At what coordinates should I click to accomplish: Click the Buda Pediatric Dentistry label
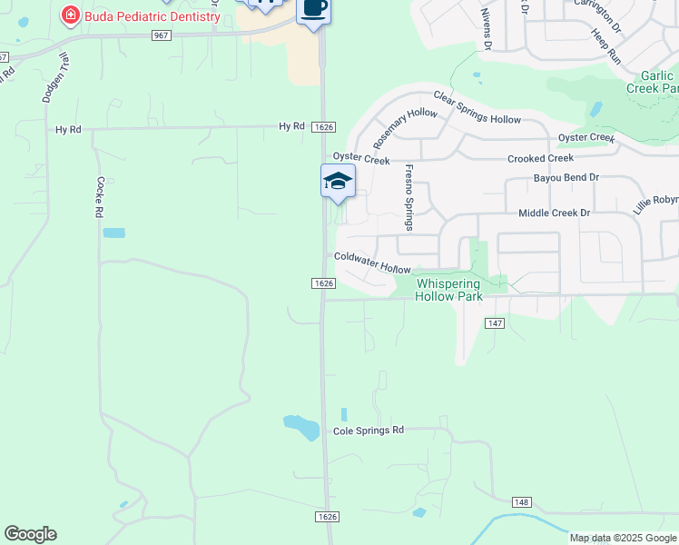(x=152, y=16)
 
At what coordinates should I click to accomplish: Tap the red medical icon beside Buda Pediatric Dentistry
(x=69, y=15)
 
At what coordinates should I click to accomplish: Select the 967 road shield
(x=162, y=35)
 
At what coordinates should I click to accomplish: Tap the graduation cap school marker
(x=338, y=181)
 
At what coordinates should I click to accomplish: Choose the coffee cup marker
(x=313, y=8)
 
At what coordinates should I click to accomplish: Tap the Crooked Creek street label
(x=540, y=158)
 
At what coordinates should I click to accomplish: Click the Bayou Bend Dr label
(x=566, y=178)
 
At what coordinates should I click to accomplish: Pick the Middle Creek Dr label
(x=554, y=213)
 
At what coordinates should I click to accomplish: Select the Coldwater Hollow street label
(x=372, y=263)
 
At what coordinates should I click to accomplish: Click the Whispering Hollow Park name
(x=460, y=290)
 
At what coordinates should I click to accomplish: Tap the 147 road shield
(x=495, y=323)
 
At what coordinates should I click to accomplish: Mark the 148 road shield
(x=520, y=501)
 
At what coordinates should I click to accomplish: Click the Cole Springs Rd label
(x=368, y=431)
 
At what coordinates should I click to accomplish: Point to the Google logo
(x=30, y=534)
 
